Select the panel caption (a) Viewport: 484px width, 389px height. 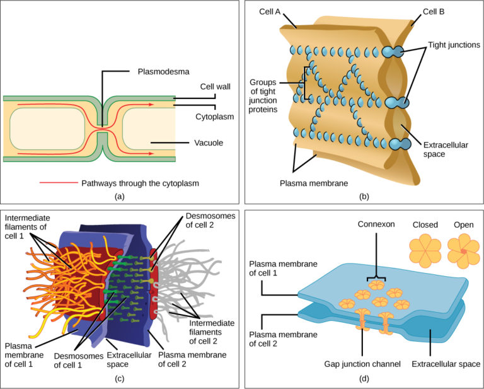(120, 196)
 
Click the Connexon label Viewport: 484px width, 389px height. (376, 224)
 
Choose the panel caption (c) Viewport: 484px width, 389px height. (120, 378)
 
